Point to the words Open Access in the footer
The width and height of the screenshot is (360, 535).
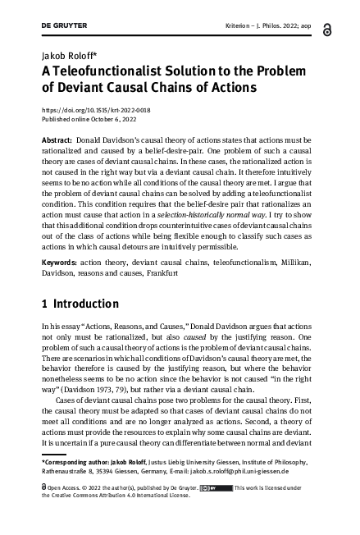click(65, 487)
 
